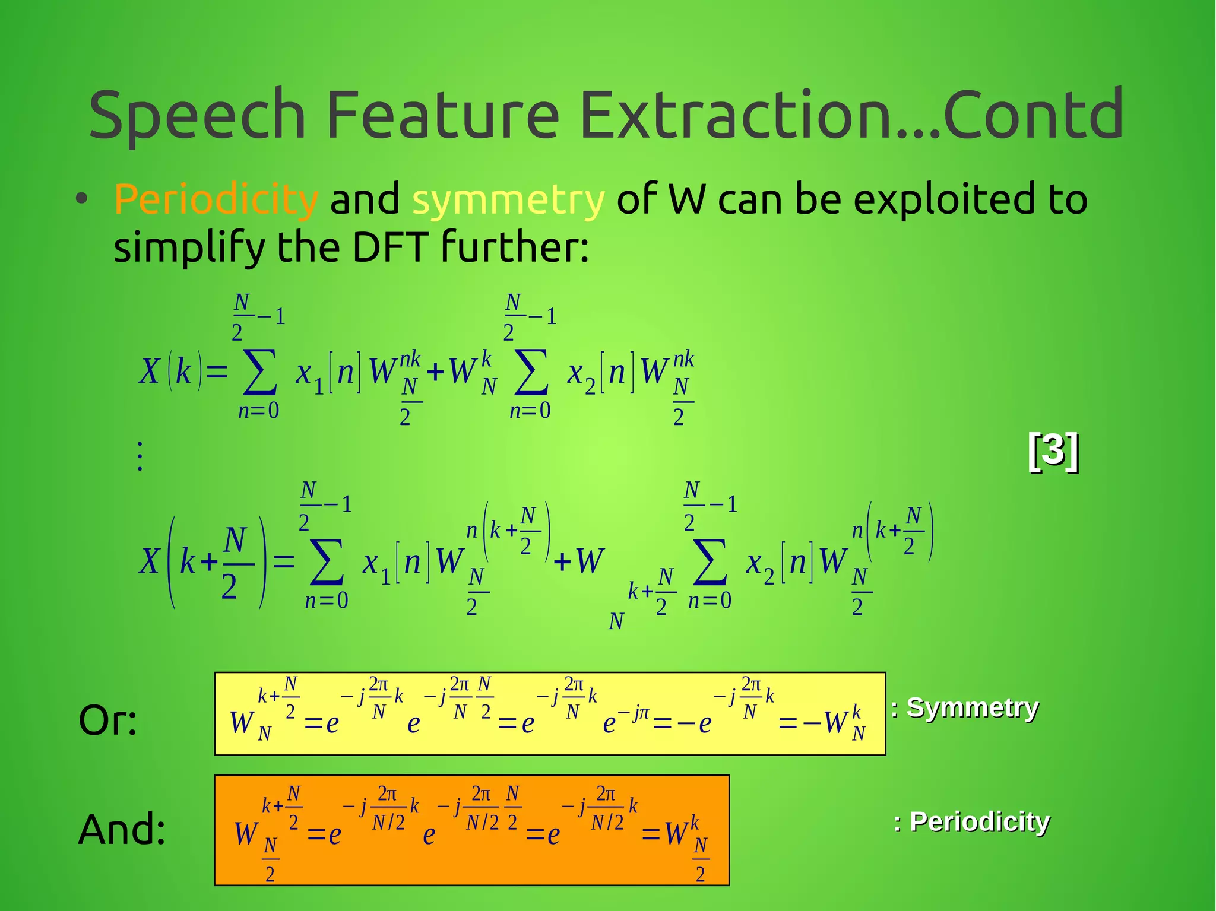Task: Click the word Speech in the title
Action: (197, 115)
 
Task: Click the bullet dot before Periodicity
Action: (82, 199)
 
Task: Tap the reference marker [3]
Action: (1053, 451)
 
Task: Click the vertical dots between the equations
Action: (140, 456)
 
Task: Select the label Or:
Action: (108, 720)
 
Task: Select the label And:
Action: (122, 829)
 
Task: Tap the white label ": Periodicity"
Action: (972, 822)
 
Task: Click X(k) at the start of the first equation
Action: (172, 372)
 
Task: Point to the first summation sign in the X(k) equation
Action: (260, 372)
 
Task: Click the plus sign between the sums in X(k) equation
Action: (435, 372)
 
